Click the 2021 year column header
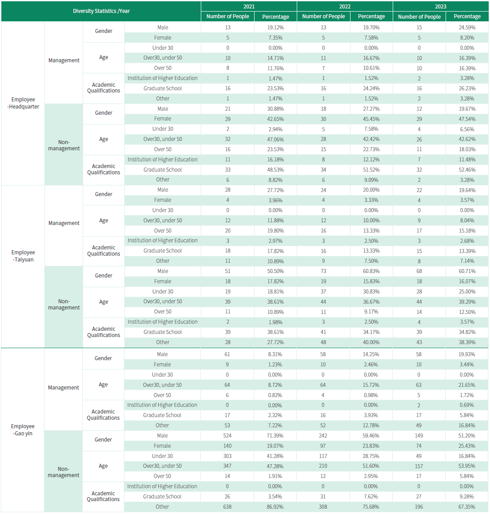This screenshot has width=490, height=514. point(249,6)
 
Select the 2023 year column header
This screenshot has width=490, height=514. point(440,6)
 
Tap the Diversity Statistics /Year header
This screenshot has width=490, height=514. point(101,11)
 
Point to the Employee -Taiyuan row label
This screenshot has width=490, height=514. point(23,256)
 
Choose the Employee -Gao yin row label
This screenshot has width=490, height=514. point(23,430)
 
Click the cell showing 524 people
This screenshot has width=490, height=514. point(227,436)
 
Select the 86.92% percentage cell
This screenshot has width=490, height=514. point(275,507)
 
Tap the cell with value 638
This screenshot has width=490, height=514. point(227,507)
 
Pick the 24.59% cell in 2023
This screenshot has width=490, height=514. point(467,28)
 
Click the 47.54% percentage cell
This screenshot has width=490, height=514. point(467,119)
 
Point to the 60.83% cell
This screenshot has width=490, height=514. point(371,271)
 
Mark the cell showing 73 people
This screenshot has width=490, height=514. point(323,271)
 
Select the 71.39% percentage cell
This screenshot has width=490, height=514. point(275,436)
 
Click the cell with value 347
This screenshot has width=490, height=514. point(227,466)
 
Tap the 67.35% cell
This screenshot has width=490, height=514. point(466,507)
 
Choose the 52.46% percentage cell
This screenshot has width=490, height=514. point(467,170)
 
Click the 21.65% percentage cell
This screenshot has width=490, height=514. point(466,385)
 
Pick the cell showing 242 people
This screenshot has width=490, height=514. point(323,436)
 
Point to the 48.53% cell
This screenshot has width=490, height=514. point(275,170)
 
